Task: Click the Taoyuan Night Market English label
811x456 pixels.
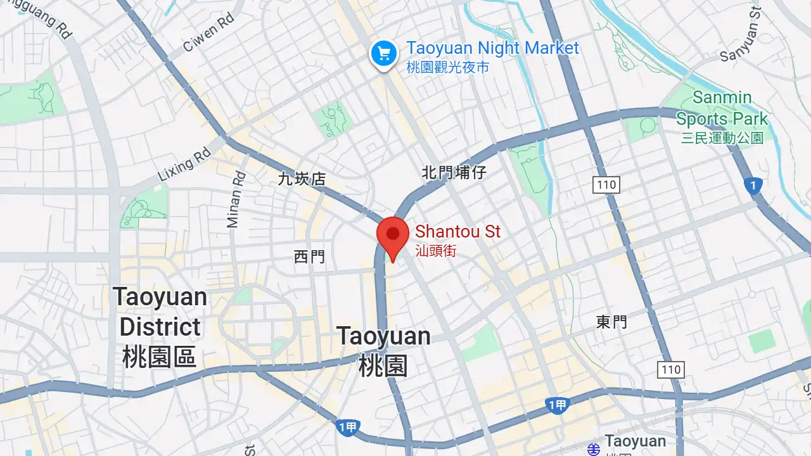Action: pyautogui.click(x=492, y=48)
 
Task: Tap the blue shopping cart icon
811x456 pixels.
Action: pyautogui.click(x=383, y=54)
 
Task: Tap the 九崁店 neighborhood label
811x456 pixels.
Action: pyautogui.click(x=302, y=179)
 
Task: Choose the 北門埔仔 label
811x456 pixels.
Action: pyautogui.click(x=454, y=172)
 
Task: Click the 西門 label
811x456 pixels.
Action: pyautogui.click(x=309, y=256)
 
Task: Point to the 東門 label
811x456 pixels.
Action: pyautogui.click(x=611, y=322)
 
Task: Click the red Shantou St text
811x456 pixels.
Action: pyautogui.click(x=457, y=232)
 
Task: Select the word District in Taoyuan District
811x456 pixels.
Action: pyautogui.click(x=160, y=327)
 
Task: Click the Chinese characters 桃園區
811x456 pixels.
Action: pyautogui.click(x=160, y=357)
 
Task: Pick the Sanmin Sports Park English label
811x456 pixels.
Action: pyautogui.click(x=722, y=108)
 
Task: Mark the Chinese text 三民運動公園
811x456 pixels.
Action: pyautogui.click(x=722, y=138)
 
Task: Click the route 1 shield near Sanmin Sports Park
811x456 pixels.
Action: pyautogui.click(x=753, y=186)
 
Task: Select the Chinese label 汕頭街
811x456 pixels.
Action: pyautogui.click(x=435, y=251)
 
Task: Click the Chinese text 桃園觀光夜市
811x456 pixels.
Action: pyautogui.click(x=447, y=67)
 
